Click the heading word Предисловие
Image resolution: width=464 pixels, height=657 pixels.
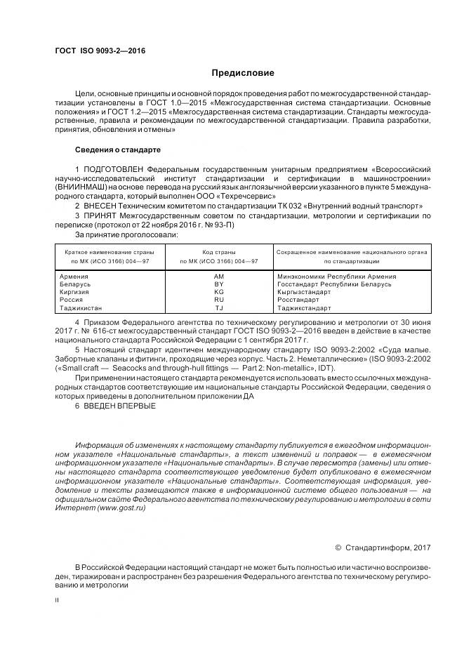tap(244, 72)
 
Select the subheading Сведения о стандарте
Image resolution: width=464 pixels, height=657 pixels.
tap(118, 150)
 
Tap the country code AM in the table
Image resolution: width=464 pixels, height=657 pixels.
tap(219, 277)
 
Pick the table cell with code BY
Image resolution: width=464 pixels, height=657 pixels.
tap(219, 284)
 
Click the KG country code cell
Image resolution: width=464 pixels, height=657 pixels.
tap(219, 292)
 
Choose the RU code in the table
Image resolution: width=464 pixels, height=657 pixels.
tap(219, 300)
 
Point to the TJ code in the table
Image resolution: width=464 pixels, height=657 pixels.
tap(219, 307)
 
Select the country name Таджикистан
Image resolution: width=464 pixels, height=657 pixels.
tap(81, 307)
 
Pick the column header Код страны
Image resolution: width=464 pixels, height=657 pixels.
tap(219, 251)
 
